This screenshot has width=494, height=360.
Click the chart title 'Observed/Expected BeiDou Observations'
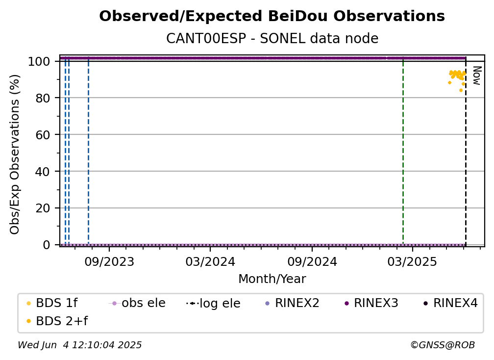pos(272,16)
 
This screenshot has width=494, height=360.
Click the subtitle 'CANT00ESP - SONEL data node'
pos(272,38)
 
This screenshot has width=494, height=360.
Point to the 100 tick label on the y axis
pos(39,61)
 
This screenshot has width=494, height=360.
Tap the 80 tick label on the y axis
pos(43,98)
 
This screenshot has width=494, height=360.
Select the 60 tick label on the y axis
pos(43,135)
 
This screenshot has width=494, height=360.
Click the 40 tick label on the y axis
pos(43,172)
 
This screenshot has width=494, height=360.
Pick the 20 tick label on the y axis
pos(43,208)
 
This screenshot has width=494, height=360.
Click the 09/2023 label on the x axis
pos(109,261)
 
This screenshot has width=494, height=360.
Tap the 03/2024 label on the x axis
pos(210,261)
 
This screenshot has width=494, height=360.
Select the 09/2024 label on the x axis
pos(312,261)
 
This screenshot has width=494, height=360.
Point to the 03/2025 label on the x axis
pos(413,261)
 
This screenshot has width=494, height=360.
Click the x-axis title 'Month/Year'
pos(272,279)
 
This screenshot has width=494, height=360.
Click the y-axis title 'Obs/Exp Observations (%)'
pos(15,154)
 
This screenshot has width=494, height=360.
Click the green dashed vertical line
pos(403,151)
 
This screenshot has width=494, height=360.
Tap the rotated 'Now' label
pos(477,76)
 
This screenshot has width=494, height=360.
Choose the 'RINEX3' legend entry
pos(371,303)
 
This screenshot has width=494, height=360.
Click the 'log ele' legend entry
pos(213,303)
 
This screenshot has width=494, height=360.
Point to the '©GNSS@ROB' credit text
pos(443,345)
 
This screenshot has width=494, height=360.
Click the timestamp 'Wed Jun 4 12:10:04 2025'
pos(80,345)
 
